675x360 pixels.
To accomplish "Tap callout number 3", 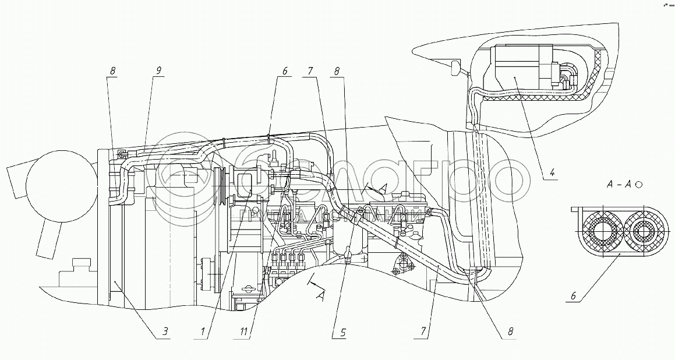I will pos(165,332).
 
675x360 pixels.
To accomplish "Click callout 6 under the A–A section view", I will pos(573,295).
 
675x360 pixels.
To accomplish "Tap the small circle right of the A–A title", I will pos(639,184).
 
